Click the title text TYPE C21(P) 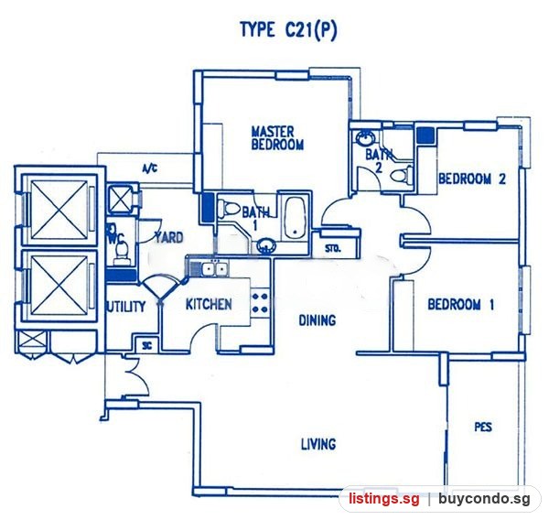[x=288, y=30]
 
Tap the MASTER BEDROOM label [x=277, y=138]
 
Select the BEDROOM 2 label [x=472, y=179]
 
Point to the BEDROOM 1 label [x=461, y=304]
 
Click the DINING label [x=318, y=320]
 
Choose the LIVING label [x=318, y=444]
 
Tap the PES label [x=483, y=427]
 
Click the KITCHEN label [x=209, y=304]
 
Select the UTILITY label [x=126, y=307]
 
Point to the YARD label [x=169, y=238]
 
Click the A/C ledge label [x=149, y=169]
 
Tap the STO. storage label [x=332, y=249]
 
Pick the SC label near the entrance [x=147, y=346]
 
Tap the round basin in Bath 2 [x=364, y=138]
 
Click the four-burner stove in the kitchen [x=260, y=303]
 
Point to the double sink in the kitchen [x=214, y=269]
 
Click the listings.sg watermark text [x=383, y=499]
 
